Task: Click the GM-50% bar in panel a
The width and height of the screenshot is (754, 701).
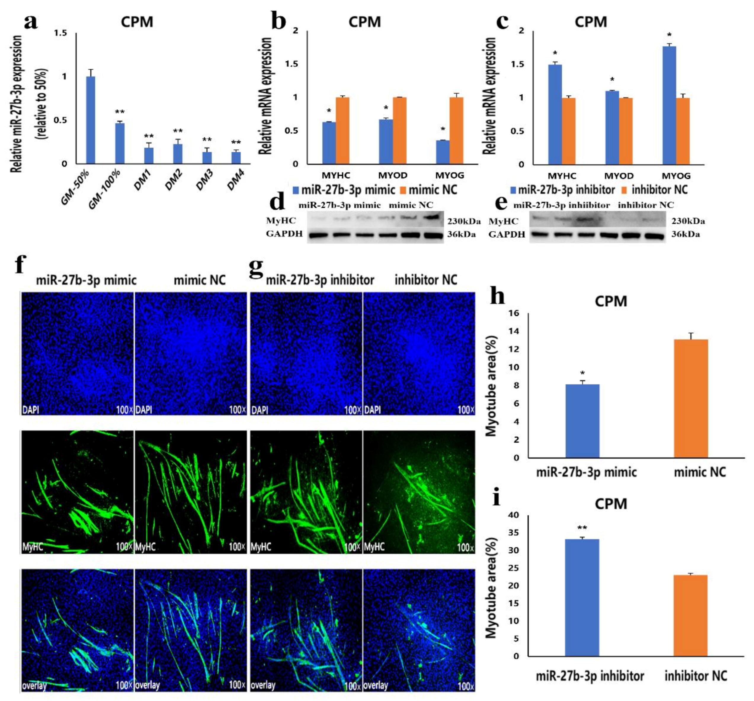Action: click(x=91, y=120)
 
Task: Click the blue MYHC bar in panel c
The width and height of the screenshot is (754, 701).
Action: click(x=555, y=114)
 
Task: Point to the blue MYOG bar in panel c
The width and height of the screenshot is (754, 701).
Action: click(x=670, y=105)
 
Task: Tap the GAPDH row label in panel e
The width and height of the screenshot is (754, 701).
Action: click(x=507, y=234)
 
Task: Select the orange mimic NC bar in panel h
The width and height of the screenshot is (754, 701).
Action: click(x=691, y=398)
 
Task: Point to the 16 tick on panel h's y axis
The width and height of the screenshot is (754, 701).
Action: click(x=515, y=313)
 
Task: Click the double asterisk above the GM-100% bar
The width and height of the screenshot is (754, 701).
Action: click(x=120, y=112)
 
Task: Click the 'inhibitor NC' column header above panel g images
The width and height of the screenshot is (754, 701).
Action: click(x=426, y=280)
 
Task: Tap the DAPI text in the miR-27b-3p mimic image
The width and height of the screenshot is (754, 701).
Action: click(x=31, y=410)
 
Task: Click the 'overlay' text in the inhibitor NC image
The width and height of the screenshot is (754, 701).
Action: click(x=375, y=685)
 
